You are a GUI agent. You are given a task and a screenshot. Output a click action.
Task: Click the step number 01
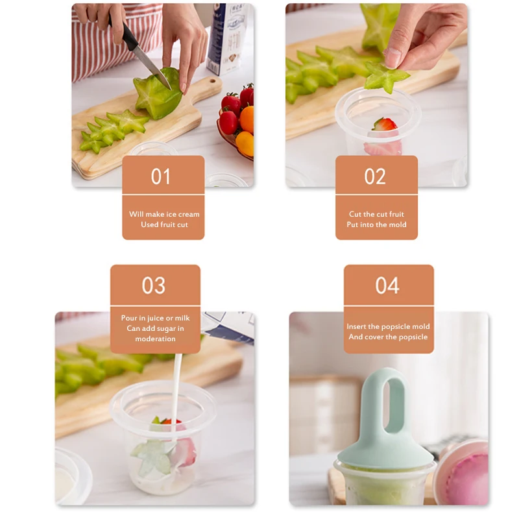click(x=161, y=176)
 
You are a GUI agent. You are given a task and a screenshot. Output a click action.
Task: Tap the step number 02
click(x=375, y=176)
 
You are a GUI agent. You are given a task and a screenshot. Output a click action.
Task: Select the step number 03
click(x=154, y=285)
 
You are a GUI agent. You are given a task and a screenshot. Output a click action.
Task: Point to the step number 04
click(x=387, y=285)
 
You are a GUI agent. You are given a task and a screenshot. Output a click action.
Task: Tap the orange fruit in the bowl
click(x=247, y=119)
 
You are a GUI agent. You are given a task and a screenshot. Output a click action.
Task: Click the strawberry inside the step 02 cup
click(x=384, y=125)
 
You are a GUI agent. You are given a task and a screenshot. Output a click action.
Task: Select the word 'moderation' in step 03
click(x=155, y=339)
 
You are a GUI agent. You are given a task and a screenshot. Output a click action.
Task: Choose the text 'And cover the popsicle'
click(x=388, y=337)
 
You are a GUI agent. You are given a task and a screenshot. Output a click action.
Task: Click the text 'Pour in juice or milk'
click(x=155, y=318)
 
